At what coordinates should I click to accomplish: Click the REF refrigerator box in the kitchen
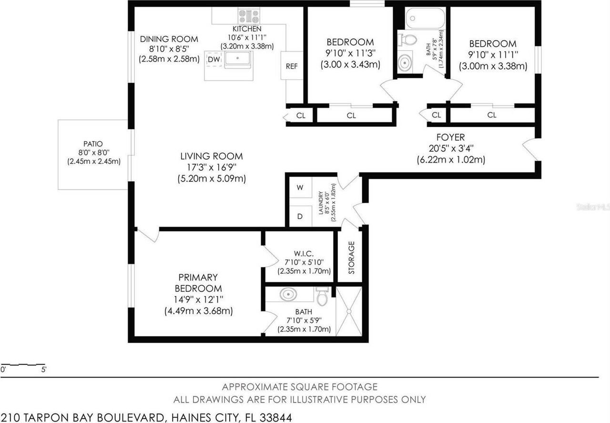pos(292,66)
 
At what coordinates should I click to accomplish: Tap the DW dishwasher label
pos(213,59)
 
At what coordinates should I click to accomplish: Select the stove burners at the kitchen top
pos(249,17)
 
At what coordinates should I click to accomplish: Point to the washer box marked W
pos(300,188)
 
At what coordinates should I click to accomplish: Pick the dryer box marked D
pos(300,216)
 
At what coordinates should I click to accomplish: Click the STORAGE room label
pos(352,258)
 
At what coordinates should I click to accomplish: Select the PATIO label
pos(93,144)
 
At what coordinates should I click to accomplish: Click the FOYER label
pos(447,137)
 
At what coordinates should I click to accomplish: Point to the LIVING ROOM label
pos(211,156)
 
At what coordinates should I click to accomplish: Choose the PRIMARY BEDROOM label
pos(198,283)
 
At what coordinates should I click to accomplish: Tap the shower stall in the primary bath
pos(349,310)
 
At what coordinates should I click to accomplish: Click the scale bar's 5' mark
pos(43,369)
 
